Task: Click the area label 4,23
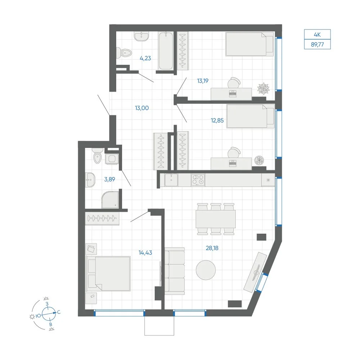(x=145, y=58)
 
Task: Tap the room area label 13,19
(x=203, y=81)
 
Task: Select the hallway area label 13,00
(x=142, y=108)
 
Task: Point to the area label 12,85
(x=217, y=120)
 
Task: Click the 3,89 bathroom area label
(x=109, y=179)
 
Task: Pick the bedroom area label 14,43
(x=145, y=253)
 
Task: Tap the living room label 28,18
(x=212, y=248)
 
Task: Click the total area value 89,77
(x=317, y=45)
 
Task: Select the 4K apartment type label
(x=317, y=35)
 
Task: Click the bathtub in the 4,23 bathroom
(x=165, y=51)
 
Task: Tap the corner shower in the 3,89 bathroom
(x=110, y=200)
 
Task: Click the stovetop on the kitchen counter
(x=198, y=180)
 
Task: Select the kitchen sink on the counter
(x=171, y=180)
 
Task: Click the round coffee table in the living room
(x=206, y=270)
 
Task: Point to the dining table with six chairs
(x=216, y=219)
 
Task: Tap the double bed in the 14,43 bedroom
(x=108, y=274)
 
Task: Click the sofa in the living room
(x=175, y=271)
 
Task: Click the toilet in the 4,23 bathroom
(x=124, y=53)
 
